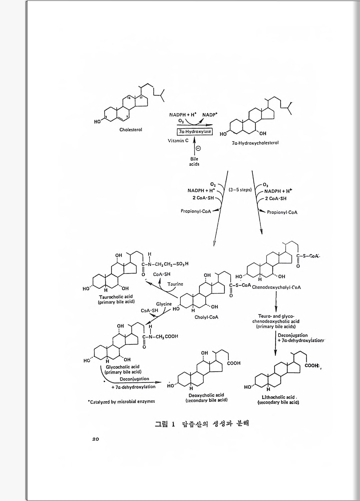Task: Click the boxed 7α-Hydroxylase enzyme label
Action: pyautogui.click(x=195, y=131)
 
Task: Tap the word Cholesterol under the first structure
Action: pyautogui.click(x=131, y=130)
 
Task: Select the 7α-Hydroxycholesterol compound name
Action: pyautogui.click(x=255, y=143)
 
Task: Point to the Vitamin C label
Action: pyautogui.click(x=178, y=141)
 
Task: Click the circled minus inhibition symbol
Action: pyautogui.click(x=198, y=148)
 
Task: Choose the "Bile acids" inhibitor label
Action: pyautogui.click(x=194, y=161)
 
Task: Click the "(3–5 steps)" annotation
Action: pyautogui.click(x=240, y=190)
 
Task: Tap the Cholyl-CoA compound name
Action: pyautogui.click(x=206, y=317)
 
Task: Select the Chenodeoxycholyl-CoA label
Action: pyautogui.click(x=276, y=287)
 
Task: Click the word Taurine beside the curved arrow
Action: pyautogui.click(x=175, y=284)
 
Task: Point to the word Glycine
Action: pyautogui.click(x=164, y=304)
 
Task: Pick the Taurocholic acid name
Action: pyautogui.click(x=116, y=297)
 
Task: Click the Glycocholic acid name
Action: pyautogui.click(x=123, y=367)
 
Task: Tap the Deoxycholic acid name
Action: pyautogui.click(x=206, y=395)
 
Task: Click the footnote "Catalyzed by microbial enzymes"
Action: pyautogui.click(x=121, y=401)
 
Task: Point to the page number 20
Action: pyautogui.click(x=95, y=439)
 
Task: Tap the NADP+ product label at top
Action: pyautogui.click(x=210, y=115)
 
